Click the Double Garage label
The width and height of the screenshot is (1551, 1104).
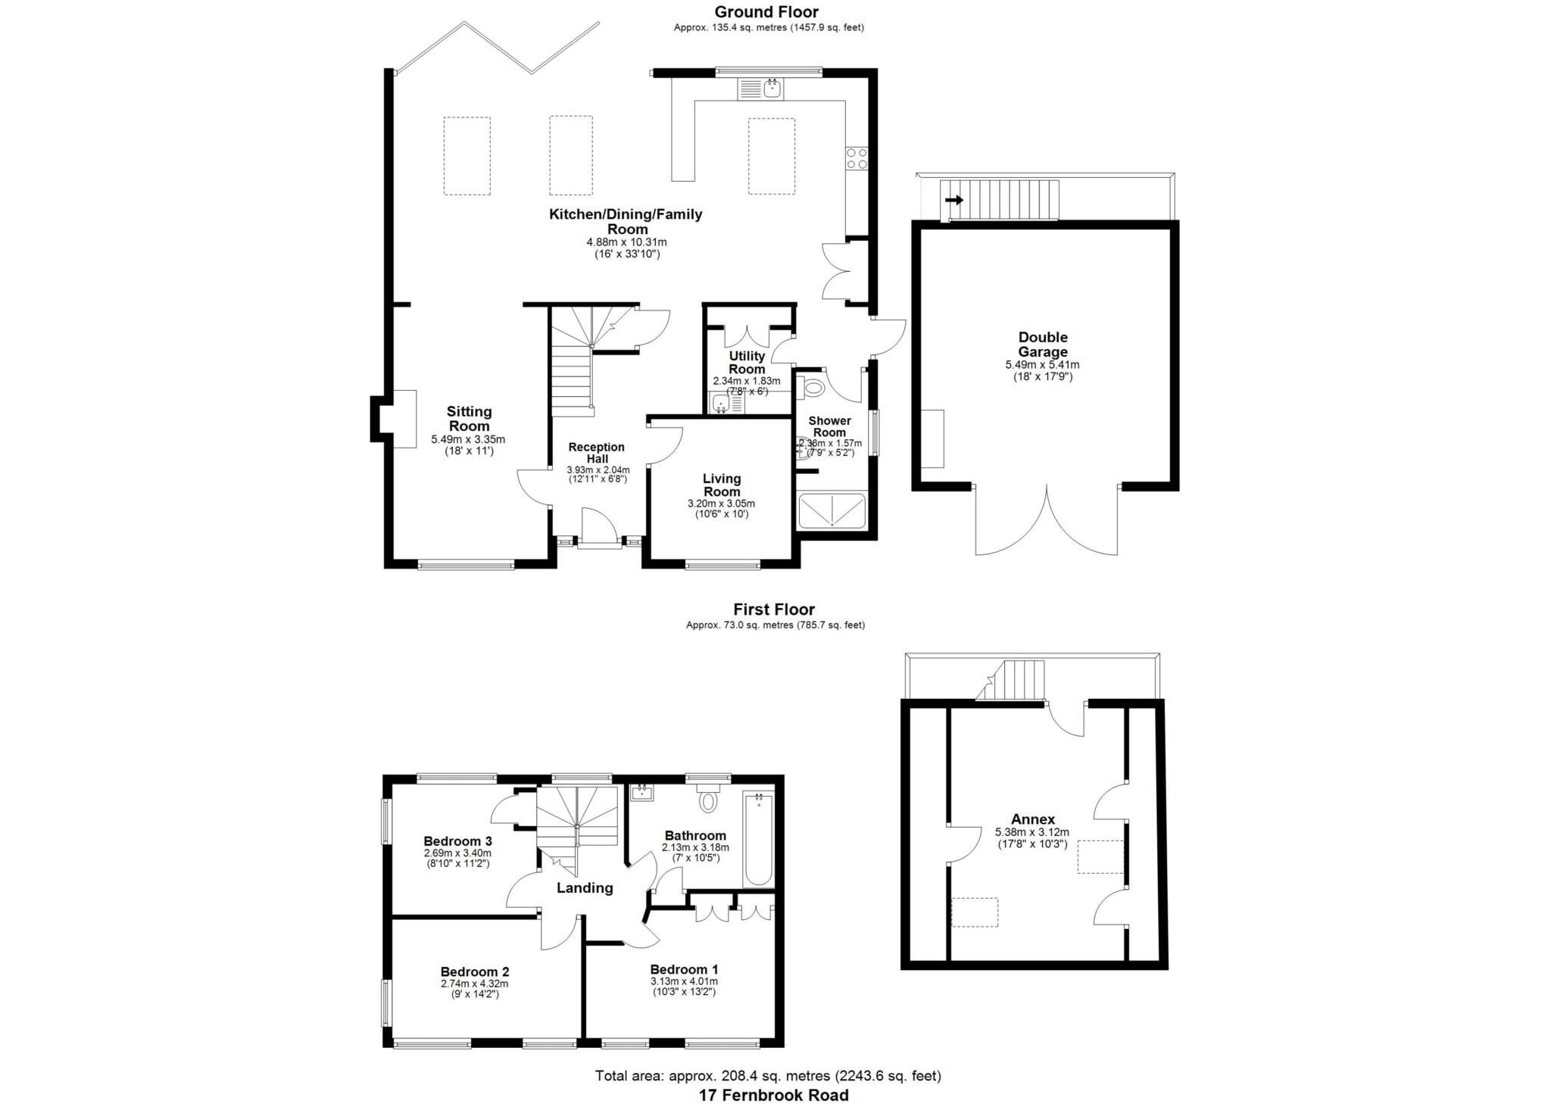click(x=1042, y=345)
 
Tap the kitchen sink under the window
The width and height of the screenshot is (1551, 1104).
click(x=762, y=89)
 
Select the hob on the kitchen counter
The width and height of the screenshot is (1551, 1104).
click(x=857, y=158)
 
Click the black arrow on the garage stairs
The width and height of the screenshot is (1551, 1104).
click(x=954, y=200)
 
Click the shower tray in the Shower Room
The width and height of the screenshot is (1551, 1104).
click(x=832, y=510)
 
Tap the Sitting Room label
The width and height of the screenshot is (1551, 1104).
click(x=469, y=419)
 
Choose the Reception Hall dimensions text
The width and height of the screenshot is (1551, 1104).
click(x=598, y=474)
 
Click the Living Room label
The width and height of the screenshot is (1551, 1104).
click(x=721, y=485)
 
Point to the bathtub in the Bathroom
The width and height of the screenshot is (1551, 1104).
click(x=758, y=839)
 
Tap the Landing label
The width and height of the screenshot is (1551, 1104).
click(x=585, y=888)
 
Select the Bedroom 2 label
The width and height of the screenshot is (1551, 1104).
click(x=475, y=971)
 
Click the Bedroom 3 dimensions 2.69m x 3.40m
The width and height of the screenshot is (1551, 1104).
click(x=457, y=853)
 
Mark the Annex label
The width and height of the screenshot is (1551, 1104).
click(x=1032, y=819)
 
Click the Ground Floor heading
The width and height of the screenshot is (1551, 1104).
click(x=766, y=11)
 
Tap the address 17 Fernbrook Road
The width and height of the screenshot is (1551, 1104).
click(x=773, y=1095)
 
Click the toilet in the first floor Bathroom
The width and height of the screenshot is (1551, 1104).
click(x=708, y=799)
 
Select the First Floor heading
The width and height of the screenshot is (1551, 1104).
click(x=773, y=609)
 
